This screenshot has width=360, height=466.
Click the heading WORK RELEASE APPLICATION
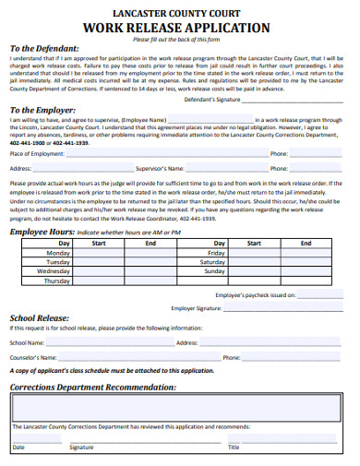pyautogui.click(x=180, y=28)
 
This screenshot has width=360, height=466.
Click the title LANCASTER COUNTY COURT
pyautogui.click(x=180, y=12)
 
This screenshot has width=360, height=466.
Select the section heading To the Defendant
pyautogui.click(x=44, y=49)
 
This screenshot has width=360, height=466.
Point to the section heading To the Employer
pyautogui.click(x=42, y=109)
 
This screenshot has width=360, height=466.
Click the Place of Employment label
pyautogui.click(x=35, y=153)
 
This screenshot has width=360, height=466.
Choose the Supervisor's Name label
pyautogui.click(x=162, y=169)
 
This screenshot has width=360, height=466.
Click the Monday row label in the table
pyautogui.click(x=58, y=252)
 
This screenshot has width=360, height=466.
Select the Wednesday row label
pyautogui.click(x=54, y=271)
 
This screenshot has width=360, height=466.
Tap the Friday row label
pyautogui.click(x=216, y=252)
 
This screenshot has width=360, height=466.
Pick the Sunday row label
pyautogui.click(x=214, y=271)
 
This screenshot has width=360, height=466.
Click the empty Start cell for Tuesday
pyautogui.click(x=99, y=262)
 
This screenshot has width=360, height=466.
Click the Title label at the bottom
pyautogui.click(x=234, y=447)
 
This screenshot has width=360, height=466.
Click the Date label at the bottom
pyautogui.click(x=18, y=447)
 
